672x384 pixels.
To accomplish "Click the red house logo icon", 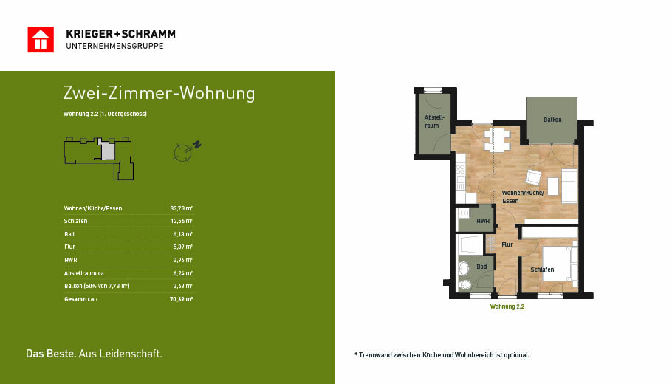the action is click(x=41, y=39).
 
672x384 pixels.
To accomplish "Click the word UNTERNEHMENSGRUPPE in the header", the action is click(x=115, y=46).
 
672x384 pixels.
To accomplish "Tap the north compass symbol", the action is click(x=187, y=151).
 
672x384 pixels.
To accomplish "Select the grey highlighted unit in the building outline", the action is click(x=108, y=151).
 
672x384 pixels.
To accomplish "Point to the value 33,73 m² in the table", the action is click(x=181, y=208).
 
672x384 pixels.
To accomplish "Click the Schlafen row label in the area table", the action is click(x=76, y=221).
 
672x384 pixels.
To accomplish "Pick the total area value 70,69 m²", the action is click(x=181, y=299).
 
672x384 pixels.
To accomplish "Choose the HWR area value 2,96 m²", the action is click(x=182, y=260).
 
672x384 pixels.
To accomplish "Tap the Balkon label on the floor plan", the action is click(x=552, y=120).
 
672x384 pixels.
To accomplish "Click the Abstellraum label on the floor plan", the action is click(x=433, y=121).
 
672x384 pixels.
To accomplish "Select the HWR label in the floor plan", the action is click(x=483, y=221).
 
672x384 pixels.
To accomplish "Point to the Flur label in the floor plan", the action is click(x=507, y=244).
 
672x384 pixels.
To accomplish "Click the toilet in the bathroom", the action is click(x=464, y=284).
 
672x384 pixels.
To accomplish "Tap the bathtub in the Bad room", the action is click(x=470, y=245).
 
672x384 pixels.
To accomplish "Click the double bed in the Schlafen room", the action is click(x=560, y=263).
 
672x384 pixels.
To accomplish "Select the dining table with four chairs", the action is click(x=497, y=140).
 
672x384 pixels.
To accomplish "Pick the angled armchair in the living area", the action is click(x=534, y=177).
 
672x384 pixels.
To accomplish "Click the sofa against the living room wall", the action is click(x=569, y=185).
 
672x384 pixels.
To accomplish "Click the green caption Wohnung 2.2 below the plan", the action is click(x=507, y=307).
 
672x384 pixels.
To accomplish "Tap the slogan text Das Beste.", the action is click(x=52, y=354).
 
